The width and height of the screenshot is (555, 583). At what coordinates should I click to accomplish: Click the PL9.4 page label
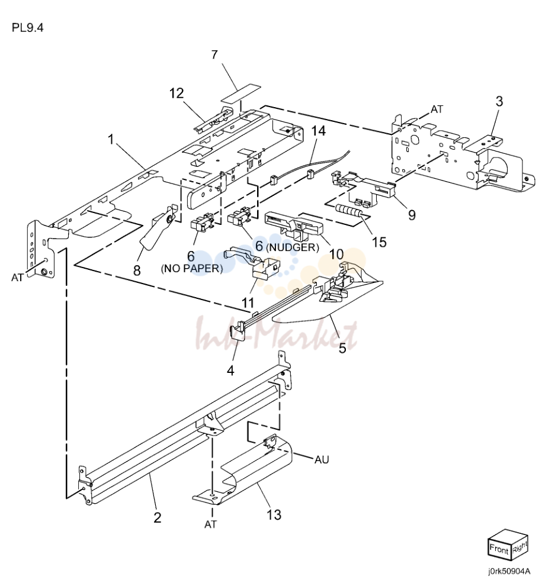[x=27, y=27]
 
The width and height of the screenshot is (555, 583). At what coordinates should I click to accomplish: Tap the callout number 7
[x=214, y=54]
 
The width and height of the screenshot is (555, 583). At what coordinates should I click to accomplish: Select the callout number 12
[x=177, y=93]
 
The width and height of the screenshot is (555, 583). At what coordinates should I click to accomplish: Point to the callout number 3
[x=499, y=101]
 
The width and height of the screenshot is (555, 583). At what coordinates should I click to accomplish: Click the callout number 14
[x=319, y=131]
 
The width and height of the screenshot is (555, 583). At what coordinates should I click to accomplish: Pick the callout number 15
[x=380, y=242]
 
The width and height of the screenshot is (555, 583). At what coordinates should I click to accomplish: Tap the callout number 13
[x=274, y=515]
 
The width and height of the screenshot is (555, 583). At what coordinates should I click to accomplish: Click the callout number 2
[x=158, y=517]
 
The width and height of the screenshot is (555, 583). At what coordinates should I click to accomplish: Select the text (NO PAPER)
[x=192, y=269]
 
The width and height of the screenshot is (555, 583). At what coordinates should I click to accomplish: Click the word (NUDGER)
[x=293, y=247]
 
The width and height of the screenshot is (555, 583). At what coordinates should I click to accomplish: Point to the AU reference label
[x=322, y=460]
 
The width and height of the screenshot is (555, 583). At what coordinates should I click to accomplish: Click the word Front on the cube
[x=499, y=549]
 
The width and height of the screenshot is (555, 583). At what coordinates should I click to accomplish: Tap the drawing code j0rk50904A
[x=509, y=571]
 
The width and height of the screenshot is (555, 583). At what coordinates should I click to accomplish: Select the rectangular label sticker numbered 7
[x=241, y=94]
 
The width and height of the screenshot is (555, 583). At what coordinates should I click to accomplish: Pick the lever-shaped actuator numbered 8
[x=156, y=228]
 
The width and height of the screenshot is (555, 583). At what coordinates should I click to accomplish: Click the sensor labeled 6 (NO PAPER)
[x=201, y=223]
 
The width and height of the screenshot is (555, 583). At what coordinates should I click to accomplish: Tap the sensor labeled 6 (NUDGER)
[x=239, y=217]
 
